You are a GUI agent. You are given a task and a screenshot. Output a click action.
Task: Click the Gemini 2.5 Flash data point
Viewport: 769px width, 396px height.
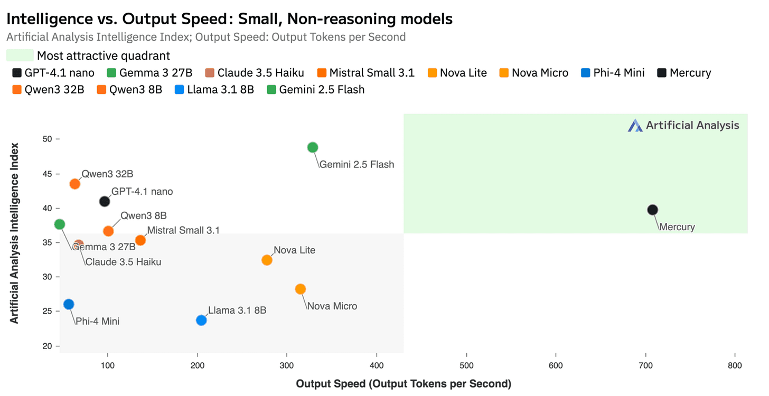pyautogui.click(x=313, y=147)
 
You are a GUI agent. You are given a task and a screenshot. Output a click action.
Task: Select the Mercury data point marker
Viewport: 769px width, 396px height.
pyautogui.click(x=652, y=210)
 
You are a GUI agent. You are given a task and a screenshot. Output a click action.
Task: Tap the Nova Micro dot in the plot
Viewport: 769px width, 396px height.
pyautogui.click(x=301, y=289)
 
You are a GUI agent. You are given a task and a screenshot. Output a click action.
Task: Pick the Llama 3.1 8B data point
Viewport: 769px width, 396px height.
pyautogui.click(x=201, y=320)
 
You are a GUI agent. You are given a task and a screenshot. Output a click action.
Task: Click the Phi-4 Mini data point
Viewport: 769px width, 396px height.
pyautogui.click(x=69, y=304)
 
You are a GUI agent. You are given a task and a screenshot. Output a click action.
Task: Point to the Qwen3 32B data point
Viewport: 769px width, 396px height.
pyautogui.click(x=75, y=184)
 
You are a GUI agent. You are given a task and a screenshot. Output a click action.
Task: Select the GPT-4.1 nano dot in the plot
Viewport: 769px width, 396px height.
pyautogui.click(x=105, y=201)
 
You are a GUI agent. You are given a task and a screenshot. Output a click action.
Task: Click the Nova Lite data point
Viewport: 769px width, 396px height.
pyautogui.click(x=267, y=260)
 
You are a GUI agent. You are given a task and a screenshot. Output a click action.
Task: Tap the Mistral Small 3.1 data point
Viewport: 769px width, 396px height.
pyautogui.click(x=140, y=240)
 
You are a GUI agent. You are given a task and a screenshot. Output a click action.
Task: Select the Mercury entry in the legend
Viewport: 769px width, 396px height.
pyautogui.click(x=684, y=73)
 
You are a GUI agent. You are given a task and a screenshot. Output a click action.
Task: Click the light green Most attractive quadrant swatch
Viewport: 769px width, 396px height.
pyautogui.click(x=20, y=55)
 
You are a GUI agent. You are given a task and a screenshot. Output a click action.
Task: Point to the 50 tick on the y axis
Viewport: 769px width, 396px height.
pyautogui.click(x=48, y=139)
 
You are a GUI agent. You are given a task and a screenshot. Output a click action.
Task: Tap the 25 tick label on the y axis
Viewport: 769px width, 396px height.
pyautogui.click(x=48, y=311)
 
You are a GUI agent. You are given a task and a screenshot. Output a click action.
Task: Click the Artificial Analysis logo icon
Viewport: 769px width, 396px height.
pyautogui.click(x=635, y=125)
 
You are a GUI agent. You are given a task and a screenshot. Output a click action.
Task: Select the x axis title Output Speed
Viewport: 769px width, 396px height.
pyautogui.click(x=404, y=384)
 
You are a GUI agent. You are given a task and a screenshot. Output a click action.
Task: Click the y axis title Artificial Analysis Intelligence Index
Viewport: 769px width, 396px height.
pyautogui.click(x=14, y=233)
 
